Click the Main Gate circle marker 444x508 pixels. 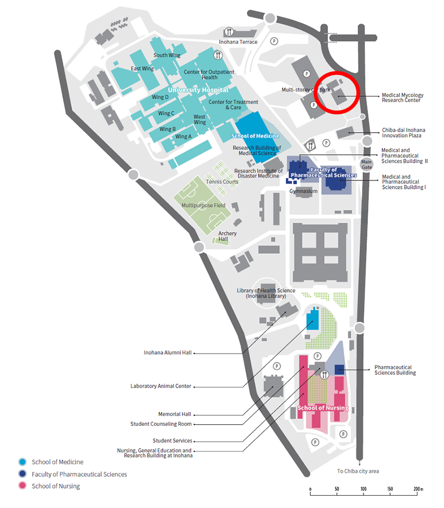(367, 164)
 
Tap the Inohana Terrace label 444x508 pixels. (238, 42)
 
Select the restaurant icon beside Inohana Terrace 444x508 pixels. (229, 32)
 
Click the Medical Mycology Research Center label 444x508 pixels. (402, 98)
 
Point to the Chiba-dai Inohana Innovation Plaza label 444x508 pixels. (403, 133)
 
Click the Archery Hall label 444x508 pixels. (227, 236)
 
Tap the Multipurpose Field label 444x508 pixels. (203, 205)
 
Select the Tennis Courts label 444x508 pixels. (222, 182)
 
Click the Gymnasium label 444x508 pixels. (303, 191)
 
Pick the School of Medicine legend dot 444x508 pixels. (22, 462)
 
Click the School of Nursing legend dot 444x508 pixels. (22, 486)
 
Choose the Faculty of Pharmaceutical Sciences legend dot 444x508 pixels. (22, 474)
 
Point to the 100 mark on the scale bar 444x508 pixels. (364, 489)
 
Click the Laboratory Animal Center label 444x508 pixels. (160, 386)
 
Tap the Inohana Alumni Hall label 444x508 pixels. (168, 353)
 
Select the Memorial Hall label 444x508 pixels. (175, 414)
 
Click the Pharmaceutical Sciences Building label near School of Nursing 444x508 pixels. (395, 370)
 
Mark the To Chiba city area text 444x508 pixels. (358, 471)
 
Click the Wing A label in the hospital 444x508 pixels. (183, 137)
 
